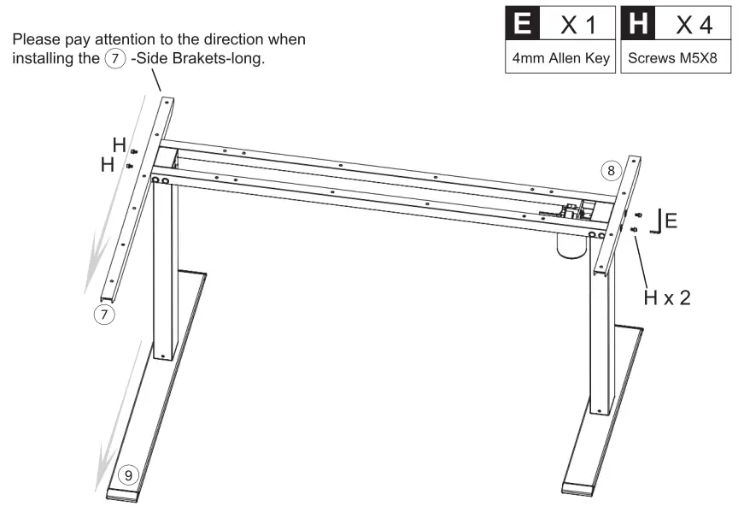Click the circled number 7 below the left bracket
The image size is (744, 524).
103,314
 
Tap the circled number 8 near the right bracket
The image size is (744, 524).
610,171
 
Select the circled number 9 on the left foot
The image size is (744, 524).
127,474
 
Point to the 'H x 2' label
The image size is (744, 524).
666,297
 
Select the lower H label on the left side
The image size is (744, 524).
108,164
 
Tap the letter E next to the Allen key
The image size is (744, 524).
671,221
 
